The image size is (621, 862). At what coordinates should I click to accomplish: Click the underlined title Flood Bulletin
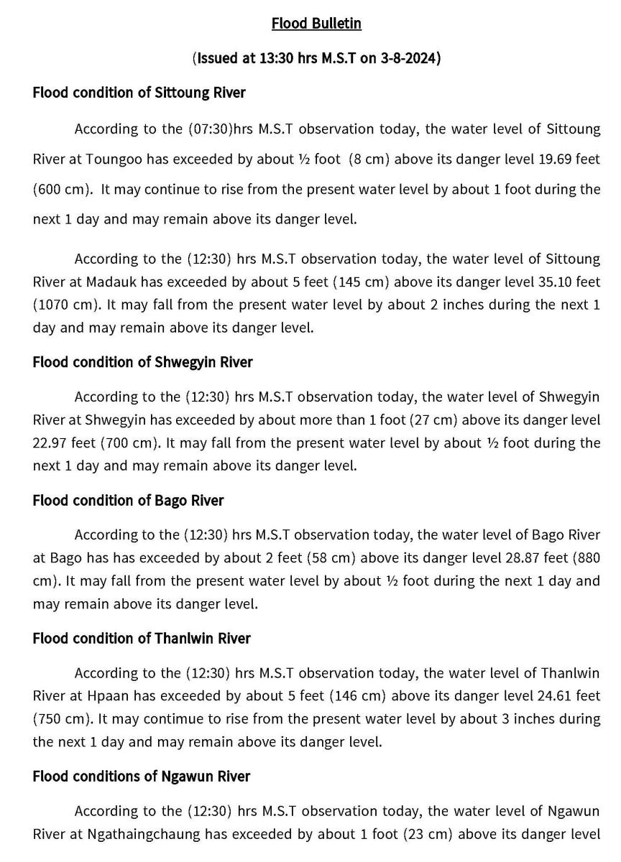tap(316, 24)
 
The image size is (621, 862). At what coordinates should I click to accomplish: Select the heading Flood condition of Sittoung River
tap(139, 93)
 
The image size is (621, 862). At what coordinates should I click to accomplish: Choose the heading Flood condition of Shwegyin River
tap(142, 362)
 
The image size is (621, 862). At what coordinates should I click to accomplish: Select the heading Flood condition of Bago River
tap(128, 500)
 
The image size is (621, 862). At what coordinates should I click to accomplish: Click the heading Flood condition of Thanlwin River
tap(142, 638)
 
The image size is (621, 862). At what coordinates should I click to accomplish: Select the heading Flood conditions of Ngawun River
tap(142, 776)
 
